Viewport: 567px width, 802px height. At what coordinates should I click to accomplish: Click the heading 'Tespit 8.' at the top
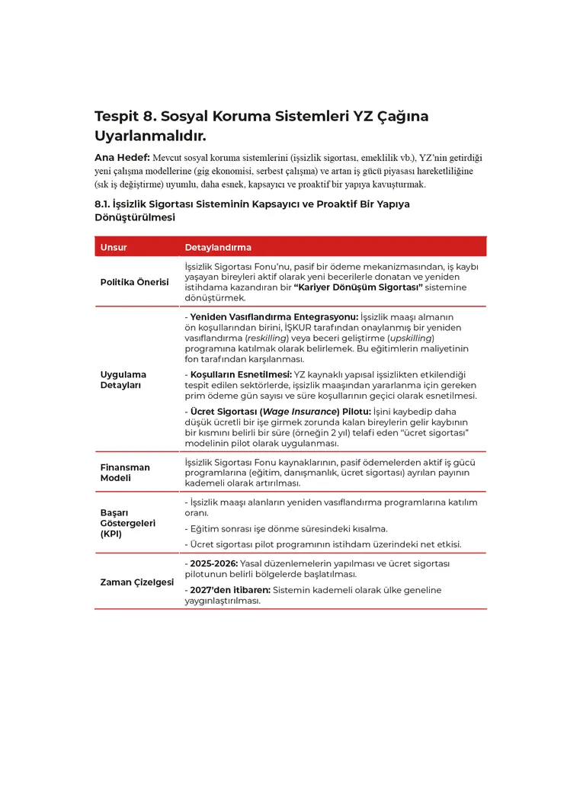pos(125,117)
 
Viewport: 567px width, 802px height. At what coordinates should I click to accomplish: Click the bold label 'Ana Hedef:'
pos(122,158)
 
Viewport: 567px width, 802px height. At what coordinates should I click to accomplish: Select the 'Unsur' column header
pos(114,248)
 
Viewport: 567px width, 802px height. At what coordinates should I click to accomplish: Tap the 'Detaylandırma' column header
pos(218,248)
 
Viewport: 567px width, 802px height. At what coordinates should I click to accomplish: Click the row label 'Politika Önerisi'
pos(135,282)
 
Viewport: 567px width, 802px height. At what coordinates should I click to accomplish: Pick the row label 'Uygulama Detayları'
pos(123,380)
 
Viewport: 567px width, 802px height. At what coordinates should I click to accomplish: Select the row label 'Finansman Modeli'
pos(125,472)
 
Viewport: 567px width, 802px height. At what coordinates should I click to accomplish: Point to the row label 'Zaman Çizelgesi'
pos(137,582)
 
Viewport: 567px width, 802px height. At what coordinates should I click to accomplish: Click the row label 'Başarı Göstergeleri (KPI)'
pos(127,523)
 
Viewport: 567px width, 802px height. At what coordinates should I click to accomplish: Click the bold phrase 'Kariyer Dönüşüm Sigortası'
pos(358,287)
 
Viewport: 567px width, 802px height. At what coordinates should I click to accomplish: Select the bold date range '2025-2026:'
pos(213,563)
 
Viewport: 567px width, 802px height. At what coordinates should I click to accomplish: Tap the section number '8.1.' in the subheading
pos(102,204)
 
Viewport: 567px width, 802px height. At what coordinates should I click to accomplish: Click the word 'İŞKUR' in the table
pos(299,327)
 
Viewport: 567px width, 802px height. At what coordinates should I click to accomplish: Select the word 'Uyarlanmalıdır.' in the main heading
pos(150,136)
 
